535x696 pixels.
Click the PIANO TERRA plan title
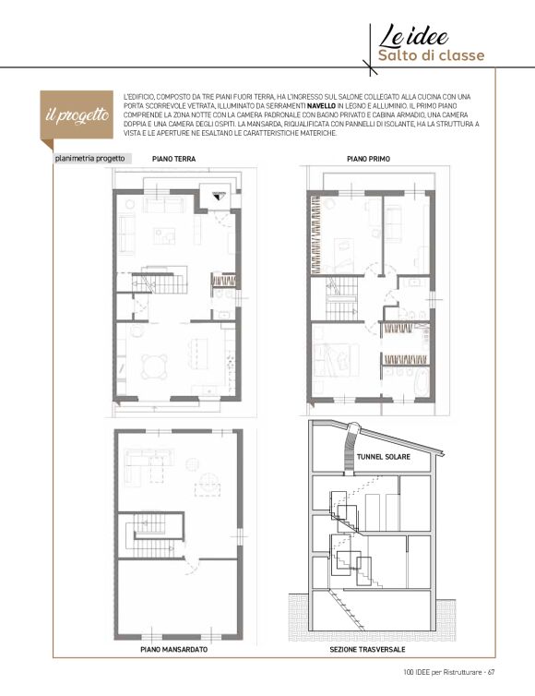pyautogui.click(x=173, y=159)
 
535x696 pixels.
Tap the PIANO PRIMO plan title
pyautogui.click(x=368, y=159)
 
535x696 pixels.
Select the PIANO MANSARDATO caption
pyautogui.click(x=174, y=650)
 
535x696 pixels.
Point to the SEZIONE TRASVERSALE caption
pyautogui.click(x=367, y=650)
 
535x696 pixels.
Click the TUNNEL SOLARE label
pyautogui.click(x=384, y=457)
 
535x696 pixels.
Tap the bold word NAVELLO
pyautogui.click(x=321, y=106)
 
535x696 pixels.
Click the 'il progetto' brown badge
pyautogui.click(x=77, y=115)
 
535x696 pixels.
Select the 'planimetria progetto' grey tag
pyautogui.click(x=89, y=159)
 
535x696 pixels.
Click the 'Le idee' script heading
pyautogui.click(x=413, y=36)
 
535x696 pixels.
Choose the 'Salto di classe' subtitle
pyautogui.click(x=431, y=56)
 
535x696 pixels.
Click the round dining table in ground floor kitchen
pyautogui.click(x=154, y=367)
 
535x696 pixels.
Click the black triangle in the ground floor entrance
pyautogui.click(x=218, y=196)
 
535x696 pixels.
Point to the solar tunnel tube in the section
pyautogui.click(x=351, y=449)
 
